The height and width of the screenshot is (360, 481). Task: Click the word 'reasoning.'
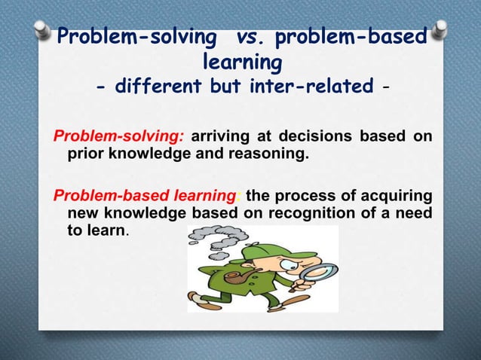pos(268,155)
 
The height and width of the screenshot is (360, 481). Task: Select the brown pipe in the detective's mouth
pos(239,282)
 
